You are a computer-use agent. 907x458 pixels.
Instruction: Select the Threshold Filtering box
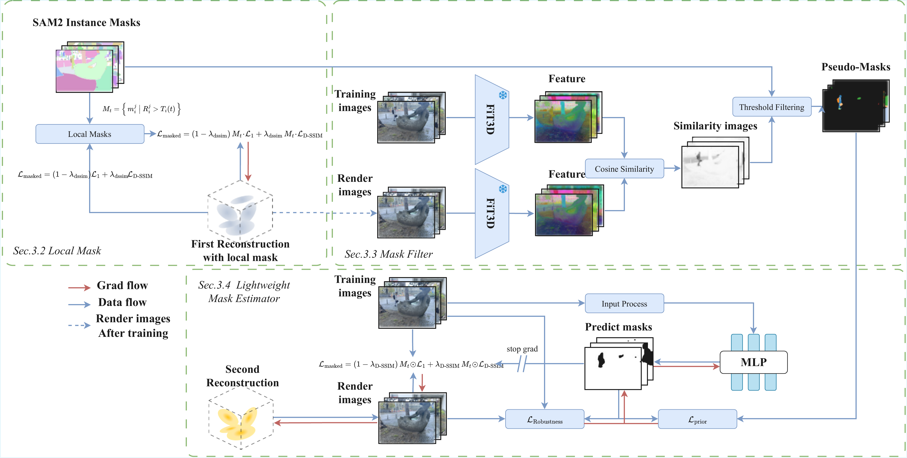(771, 107)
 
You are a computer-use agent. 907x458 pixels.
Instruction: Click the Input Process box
(624, 304)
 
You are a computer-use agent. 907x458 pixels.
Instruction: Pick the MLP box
(753, 362)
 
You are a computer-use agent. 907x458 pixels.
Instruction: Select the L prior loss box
(697, 419)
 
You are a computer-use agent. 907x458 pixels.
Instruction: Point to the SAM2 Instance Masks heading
(86, 22)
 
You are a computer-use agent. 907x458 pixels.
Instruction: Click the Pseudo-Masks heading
(856, 67)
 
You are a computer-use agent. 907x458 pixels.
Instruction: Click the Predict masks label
(618, 327)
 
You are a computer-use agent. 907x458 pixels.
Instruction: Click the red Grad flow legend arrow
(79, 288)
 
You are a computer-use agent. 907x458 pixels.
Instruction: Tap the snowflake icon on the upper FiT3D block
(503, 95)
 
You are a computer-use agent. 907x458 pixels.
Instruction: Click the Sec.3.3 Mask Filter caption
(388, 254)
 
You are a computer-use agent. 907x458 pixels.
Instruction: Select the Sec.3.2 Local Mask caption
(57, 251)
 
